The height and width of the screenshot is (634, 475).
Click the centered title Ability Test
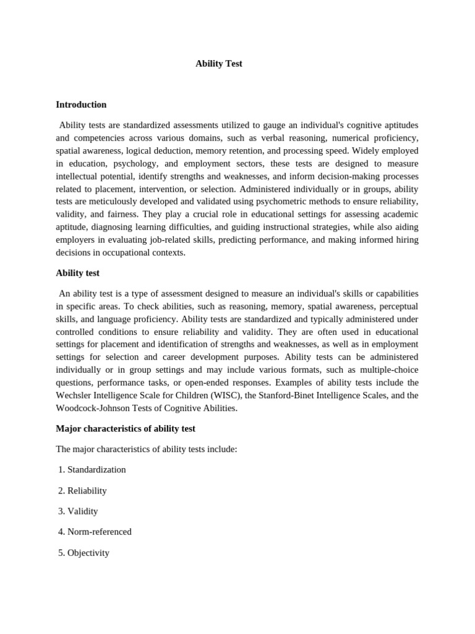(219, 64)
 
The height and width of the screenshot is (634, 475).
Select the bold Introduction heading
(81, 105)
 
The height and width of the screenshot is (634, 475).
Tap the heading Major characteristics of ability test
(126, 428)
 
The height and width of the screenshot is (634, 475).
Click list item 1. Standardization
(92, 469)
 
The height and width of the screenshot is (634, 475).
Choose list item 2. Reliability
(82, 490)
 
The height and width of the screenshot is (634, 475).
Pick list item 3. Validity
(78, 511)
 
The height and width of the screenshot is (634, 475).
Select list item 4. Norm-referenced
(95, 532)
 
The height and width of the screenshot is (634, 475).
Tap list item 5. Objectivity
(83, 553)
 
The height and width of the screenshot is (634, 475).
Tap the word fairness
(122, 214)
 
